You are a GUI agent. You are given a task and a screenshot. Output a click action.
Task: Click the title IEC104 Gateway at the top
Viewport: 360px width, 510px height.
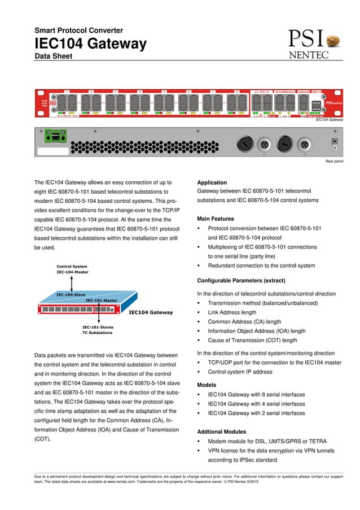pos(90,43)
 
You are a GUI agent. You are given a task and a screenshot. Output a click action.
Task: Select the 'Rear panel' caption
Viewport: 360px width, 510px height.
pos(334,162)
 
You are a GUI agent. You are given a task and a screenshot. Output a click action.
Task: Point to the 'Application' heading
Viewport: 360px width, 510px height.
pos(212,183)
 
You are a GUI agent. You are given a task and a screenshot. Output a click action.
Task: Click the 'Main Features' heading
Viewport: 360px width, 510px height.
pos(215,219)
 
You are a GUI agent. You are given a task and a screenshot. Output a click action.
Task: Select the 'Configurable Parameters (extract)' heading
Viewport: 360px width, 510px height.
pos(241,280)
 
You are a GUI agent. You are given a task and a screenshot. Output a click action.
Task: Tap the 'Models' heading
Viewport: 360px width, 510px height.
pos(207,385)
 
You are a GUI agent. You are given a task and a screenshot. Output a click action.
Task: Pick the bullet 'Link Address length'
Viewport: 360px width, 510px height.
pos(232,312)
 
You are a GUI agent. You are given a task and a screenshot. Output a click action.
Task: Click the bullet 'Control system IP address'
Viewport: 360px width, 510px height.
pos(240,372)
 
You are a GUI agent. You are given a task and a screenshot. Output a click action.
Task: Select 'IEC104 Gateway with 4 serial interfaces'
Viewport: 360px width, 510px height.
pos(256,404)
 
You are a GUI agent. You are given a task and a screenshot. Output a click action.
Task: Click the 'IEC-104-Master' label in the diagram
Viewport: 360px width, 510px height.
pos(72,272)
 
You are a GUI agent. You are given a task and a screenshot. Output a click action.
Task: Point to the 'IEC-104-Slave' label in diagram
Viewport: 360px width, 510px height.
pos(71,295)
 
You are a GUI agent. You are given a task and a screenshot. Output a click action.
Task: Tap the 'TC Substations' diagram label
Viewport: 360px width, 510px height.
pos(97,333)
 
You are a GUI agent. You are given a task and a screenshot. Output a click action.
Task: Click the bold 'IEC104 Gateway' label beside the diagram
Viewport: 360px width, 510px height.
pos(151,312)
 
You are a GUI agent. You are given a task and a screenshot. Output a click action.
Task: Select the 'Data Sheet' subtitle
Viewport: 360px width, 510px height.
pos(53,56)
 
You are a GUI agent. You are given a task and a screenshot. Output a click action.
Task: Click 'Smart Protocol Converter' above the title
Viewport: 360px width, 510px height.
pos(78,30)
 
